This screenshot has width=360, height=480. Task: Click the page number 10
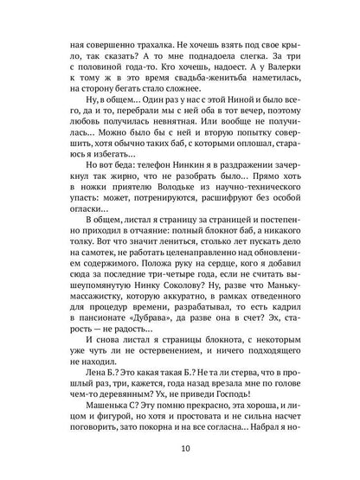tap(180, 448)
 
